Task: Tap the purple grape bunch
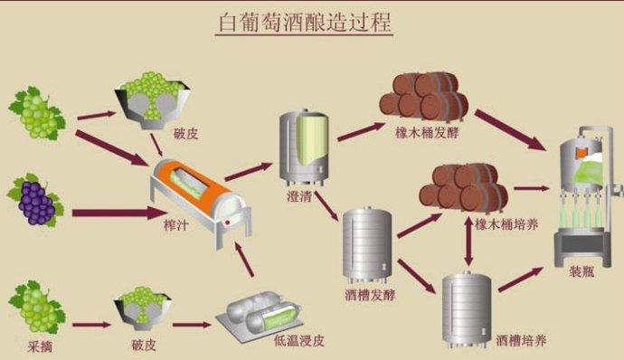pos(34,202)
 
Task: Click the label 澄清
pos(300,195)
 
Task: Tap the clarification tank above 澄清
pos(303,146)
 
